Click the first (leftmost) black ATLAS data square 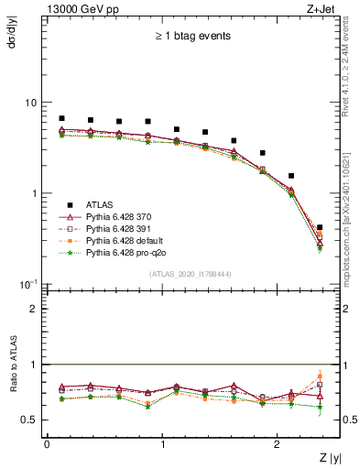[61, 118]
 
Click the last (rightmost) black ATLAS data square [319, 227]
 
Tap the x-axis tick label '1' [162, 443]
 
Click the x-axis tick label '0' [47, 443]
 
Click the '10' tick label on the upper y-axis [30, 103]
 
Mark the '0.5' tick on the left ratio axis [28, 420]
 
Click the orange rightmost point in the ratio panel [319, 376]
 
